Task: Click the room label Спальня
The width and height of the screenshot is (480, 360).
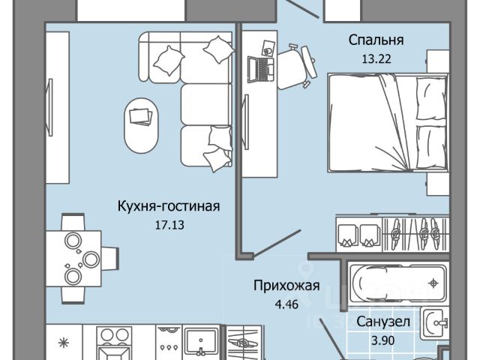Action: coord(376,39)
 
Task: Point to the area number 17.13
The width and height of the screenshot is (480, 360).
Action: coord(168,223)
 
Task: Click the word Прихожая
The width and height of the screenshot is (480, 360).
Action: coord(286,286)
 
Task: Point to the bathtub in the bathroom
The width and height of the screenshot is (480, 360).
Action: coord(397,283)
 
